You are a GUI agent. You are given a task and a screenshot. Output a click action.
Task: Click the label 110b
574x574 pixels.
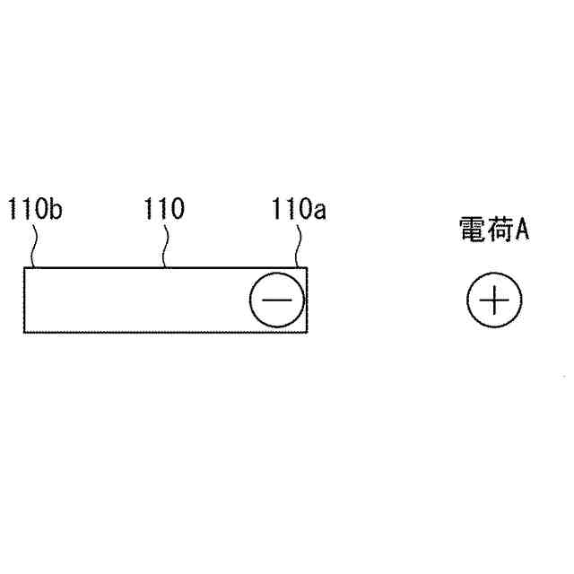click(x=35, y=212)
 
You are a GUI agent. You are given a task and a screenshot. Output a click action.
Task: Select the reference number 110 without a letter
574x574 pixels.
click(x=164, y=211)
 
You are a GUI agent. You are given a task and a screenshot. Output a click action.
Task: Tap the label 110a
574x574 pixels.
click(x=299, y=212)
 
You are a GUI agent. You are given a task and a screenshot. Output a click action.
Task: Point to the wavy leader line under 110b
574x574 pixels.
click(x=34, y=245)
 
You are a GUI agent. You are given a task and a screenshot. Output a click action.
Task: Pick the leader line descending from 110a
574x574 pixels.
click(x=299, y=245)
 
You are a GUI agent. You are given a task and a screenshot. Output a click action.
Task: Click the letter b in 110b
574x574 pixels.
click(x=56, y=212)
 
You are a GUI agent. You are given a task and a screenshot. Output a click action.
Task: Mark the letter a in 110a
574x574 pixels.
click(x=320, y=213)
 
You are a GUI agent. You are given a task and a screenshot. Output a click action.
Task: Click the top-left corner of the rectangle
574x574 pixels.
click(x=24, y=267)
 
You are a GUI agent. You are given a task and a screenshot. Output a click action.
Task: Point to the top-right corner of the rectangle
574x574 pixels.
click(x=308, y=267)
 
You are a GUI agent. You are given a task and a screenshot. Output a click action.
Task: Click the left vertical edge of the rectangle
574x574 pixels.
click(x=24, y=300)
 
